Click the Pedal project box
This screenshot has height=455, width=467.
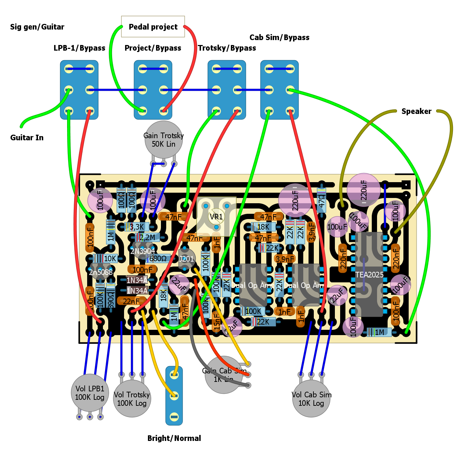[153, 27]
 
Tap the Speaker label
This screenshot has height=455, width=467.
[416, 111]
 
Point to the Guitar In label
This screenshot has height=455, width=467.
[27, 137]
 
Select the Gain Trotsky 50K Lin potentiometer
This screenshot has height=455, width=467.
[163, 140]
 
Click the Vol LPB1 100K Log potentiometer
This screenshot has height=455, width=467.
[90, 393]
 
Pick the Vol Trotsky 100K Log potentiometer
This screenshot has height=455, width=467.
[132, 399]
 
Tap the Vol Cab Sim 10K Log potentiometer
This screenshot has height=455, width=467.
[311, 399]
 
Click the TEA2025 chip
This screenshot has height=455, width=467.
[369, 274]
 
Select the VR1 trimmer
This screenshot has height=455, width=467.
[216, 217]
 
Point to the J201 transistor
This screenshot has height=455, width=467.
[186, 259]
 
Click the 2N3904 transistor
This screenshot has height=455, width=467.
[142, 251]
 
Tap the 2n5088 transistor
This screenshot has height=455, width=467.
[100, 272]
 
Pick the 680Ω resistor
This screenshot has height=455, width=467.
[158, 259]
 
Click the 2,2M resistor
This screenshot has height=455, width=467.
[147, 238]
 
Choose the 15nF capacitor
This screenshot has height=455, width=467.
[216, 322]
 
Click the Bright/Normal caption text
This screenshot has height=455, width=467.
[174, 438]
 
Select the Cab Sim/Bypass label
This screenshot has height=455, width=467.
[279, 38]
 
